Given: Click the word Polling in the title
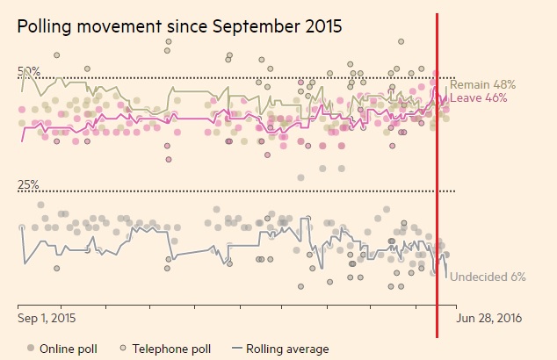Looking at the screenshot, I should tap(46, 27).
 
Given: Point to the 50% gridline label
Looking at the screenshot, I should tap(29, 71).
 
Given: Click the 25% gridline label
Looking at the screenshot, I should tap(29, 185).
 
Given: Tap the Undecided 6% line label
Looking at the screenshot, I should tap(488, 277).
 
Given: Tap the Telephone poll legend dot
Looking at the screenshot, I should tap(123, 349).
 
